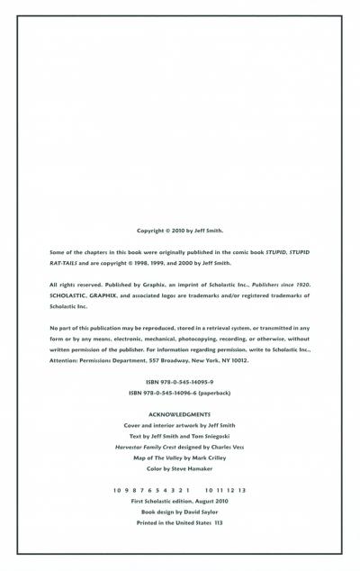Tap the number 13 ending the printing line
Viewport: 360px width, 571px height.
[x=242, y=489]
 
